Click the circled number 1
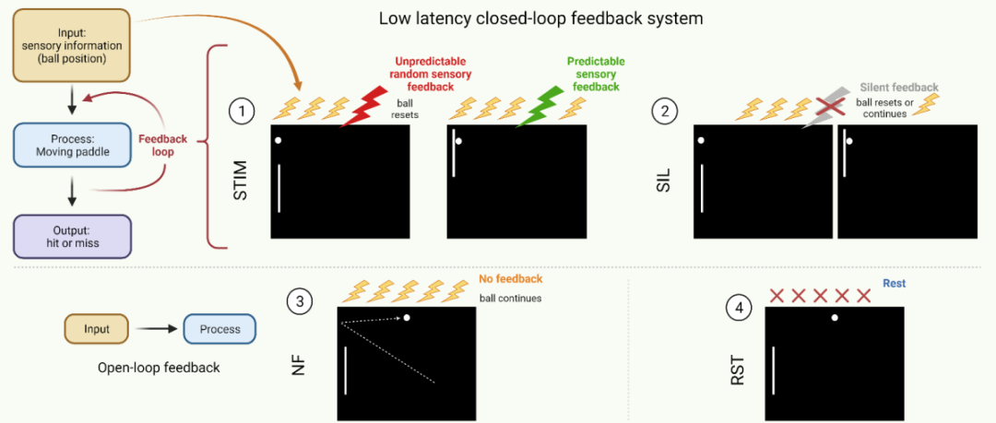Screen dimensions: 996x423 [242, 112]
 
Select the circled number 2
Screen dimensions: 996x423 [664, 112]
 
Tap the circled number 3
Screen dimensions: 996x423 [299, 300]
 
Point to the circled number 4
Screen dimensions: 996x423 [739, 309]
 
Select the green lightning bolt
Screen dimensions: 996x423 [539, 105]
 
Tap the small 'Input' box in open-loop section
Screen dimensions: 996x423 [96, 330]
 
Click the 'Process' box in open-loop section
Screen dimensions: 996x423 [219, 330]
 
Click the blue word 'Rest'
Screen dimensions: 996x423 [894, 284]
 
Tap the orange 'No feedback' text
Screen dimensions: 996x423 [511, 278]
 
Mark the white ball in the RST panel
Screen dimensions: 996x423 [835, 317]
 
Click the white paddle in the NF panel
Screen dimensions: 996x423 [346, 370]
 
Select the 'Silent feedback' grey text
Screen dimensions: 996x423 [899, 88]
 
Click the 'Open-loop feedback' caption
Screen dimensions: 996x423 [159, 368]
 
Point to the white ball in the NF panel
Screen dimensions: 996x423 [407, 318]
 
